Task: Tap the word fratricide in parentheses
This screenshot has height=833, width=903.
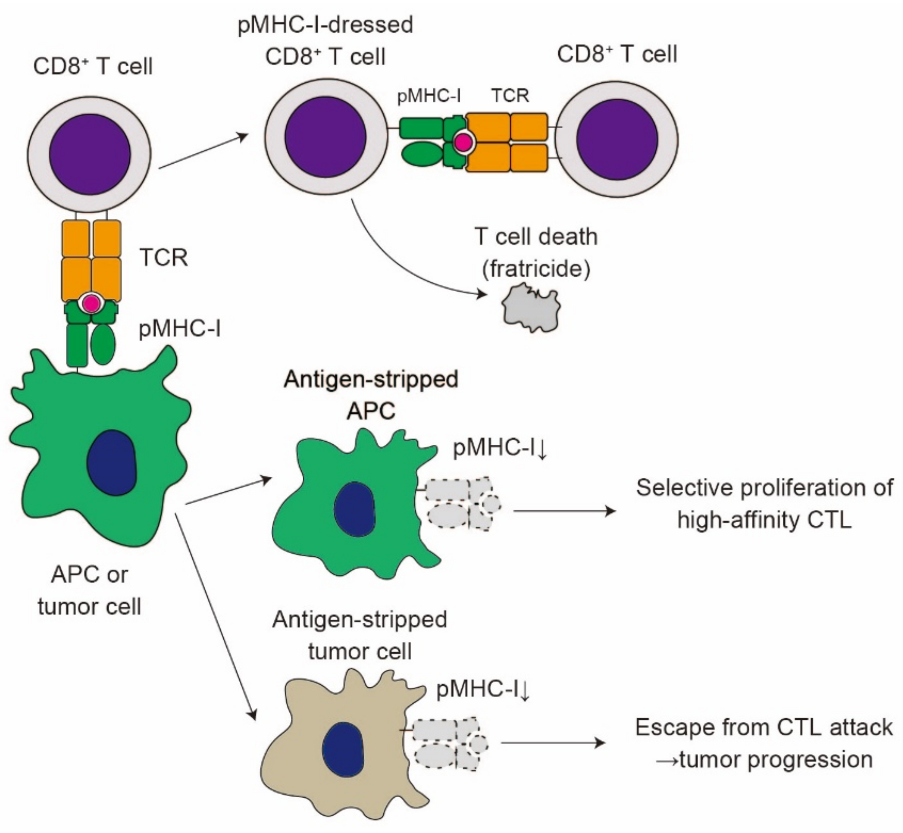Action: pos(536,269)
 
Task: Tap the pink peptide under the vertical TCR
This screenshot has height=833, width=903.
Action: pos(92,304)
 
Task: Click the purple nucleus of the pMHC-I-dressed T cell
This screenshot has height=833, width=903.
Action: pos(326,137)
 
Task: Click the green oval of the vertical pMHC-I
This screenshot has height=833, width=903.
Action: pos(103,345)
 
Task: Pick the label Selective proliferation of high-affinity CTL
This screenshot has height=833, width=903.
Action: pos(764,503)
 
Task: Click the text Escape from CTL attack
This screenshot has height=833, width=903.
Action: pos(764,727)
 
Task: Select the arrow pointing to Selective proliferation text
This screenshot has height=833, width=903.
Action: pos(564,511)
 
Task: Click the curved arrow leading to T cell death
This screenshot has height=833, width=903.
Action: pos(397,266)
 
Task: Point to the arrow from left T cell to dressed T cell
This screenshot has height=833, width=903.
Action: pos(203,152)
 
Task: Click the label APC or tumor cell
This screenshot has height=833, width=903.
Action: pos(89,590)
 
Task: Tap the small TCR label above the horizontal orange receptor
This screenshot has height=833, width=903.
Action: pos(510,96)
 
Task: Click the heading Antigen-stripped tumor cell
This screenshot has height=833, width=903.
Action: pos(359,635)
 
